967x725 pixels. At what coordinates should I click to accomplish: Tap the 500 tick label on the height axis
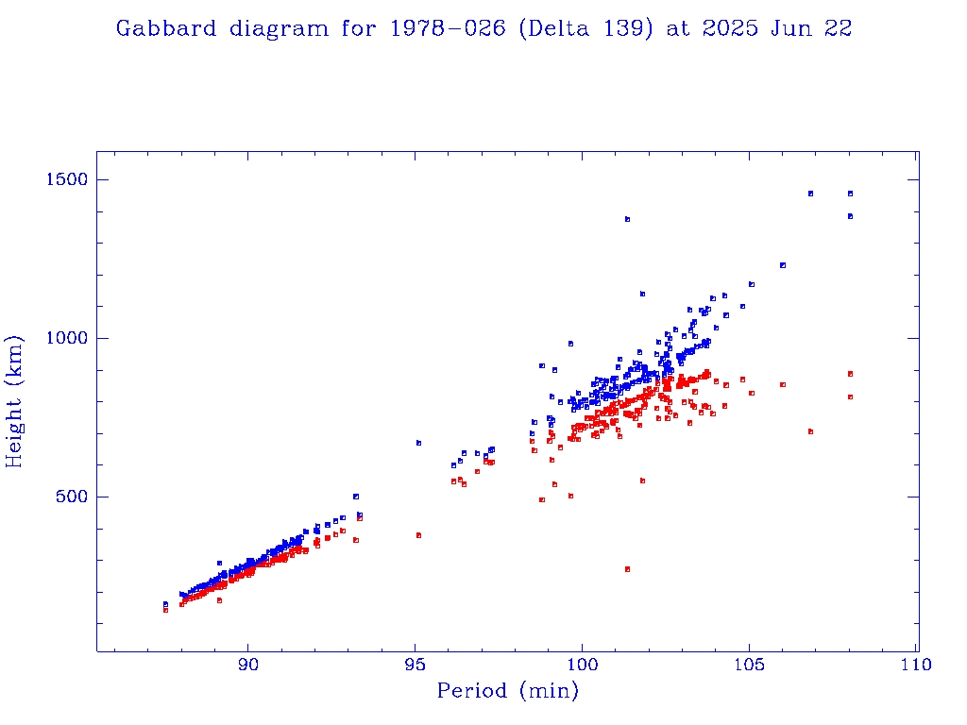(x=70, y=497)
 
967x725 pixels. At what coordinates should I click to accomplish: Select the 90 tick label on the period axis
(x=248, y=665)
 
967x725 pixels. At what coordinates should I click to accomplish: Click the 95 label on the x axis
(x=416, y=665)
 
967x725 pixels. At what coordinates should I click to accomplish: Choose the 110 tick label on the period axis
(x=916, y=665)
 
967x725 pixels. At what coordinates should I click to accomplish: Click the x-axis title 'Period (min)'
(x=507, y=692)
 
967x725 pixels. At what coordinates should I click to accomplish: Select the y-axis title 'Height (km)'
(x=16, y=401)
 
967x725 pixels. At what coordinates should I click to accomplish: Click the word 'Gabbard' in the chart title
(x=166, y=28)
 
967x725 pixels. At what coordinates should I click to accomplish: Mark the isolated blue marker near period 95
(x=418, y=443)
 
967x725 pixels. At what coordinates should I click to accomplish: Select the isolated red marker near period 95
(x=418, y=535)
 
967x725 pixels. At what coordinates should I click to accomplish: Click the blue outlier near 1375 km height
(x=627, y=219)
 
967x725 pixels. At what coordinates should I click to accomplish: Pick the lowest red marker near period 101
(x=627, y=569)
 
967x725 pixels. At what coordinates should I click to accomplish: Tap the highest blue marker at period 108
(x=850, y=194)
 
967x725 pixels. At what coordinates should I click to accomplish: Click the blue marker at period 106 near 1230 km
(x=783, y=265)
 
